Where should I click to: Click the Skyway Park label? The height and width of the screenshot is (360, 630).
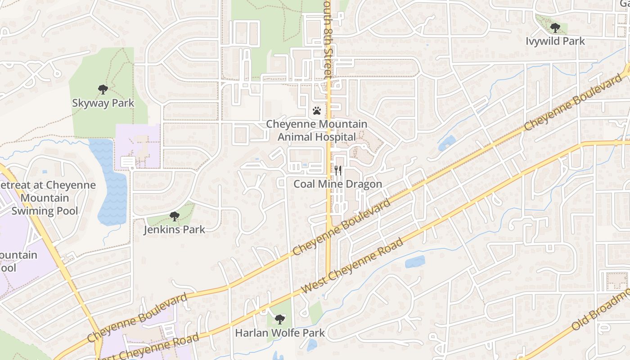coord(103,103)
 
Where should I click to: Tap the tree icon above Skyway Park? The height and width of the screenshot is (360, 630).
coord(103,89)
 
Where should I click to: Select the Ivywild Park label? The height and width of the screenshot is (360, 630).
coord(555,41)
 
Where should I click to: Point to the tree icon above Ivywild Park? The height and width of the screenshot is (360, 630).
coord(555,28)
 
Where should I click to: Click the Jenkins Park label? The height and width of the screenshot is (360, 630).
coord(174,229)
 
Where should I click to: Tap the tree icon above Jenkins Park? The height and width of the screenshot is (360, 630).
coord(175,216)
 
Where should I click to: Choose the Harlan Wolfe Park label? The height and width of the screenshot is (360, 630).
coord(280,333)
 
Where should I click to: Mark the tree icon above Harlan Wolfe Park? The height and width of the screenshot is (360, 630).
coord(280,319)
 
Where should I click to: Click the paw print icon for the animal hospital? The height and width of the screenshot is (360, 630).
coord(317,111)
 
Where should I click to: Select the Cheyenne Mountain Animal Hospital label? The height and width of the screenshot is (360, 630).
coord(317,130)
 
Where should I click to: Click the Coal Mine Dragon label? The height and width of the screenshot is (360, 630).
coord(338,184)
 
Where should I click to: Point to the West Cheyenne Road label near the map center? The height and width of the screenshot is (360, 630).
coord(352,266)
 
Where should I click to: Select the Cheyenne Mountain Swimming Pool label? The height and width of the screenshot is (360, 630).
coord(45,198)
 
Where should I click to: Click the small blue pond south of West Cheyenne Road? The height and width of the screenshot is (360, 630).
coord(415,261)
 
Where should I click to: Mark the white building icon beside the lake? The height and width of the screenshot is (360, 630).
coord(128,162)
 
